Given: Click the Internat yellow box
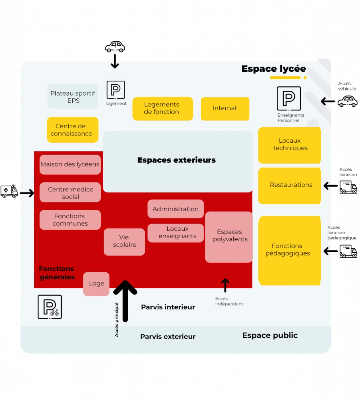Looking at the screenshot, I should click(225, 108).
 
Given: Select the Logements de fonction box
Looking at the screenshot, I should click(162, 108).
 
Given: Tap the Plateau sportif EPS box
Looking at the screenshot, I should click(73, 96).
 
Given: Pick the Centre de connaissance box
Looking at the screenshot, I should click(72, 130).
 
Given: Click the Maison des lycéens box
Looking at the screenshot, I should click(70, 164).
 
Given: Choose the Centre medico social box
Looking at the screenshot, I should click(70, 192).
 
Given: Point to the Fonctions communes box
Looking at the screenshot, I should click(70, 220).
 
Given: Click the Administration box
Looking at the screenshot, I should click(176, 209).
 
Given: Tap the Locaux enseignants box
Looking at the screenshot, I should click(176, 233).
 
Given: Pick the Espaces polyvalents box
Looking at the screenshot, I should click(229, 236).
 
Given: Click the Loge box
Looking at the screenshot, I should click(96, 284).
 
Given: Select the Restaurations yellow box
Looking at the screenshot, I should click(289, 185).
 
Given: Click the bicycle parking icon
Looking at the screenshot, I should click(50, 307).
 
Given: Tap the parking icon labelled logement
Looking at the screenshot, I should click(116, 90).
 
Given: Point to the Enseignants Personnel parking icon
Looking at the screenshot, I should click(289, 98).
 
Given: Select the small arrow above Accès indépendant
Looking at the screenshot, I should click(225, 285).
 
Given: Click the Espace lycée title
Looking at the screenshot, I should click(274, 69).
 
